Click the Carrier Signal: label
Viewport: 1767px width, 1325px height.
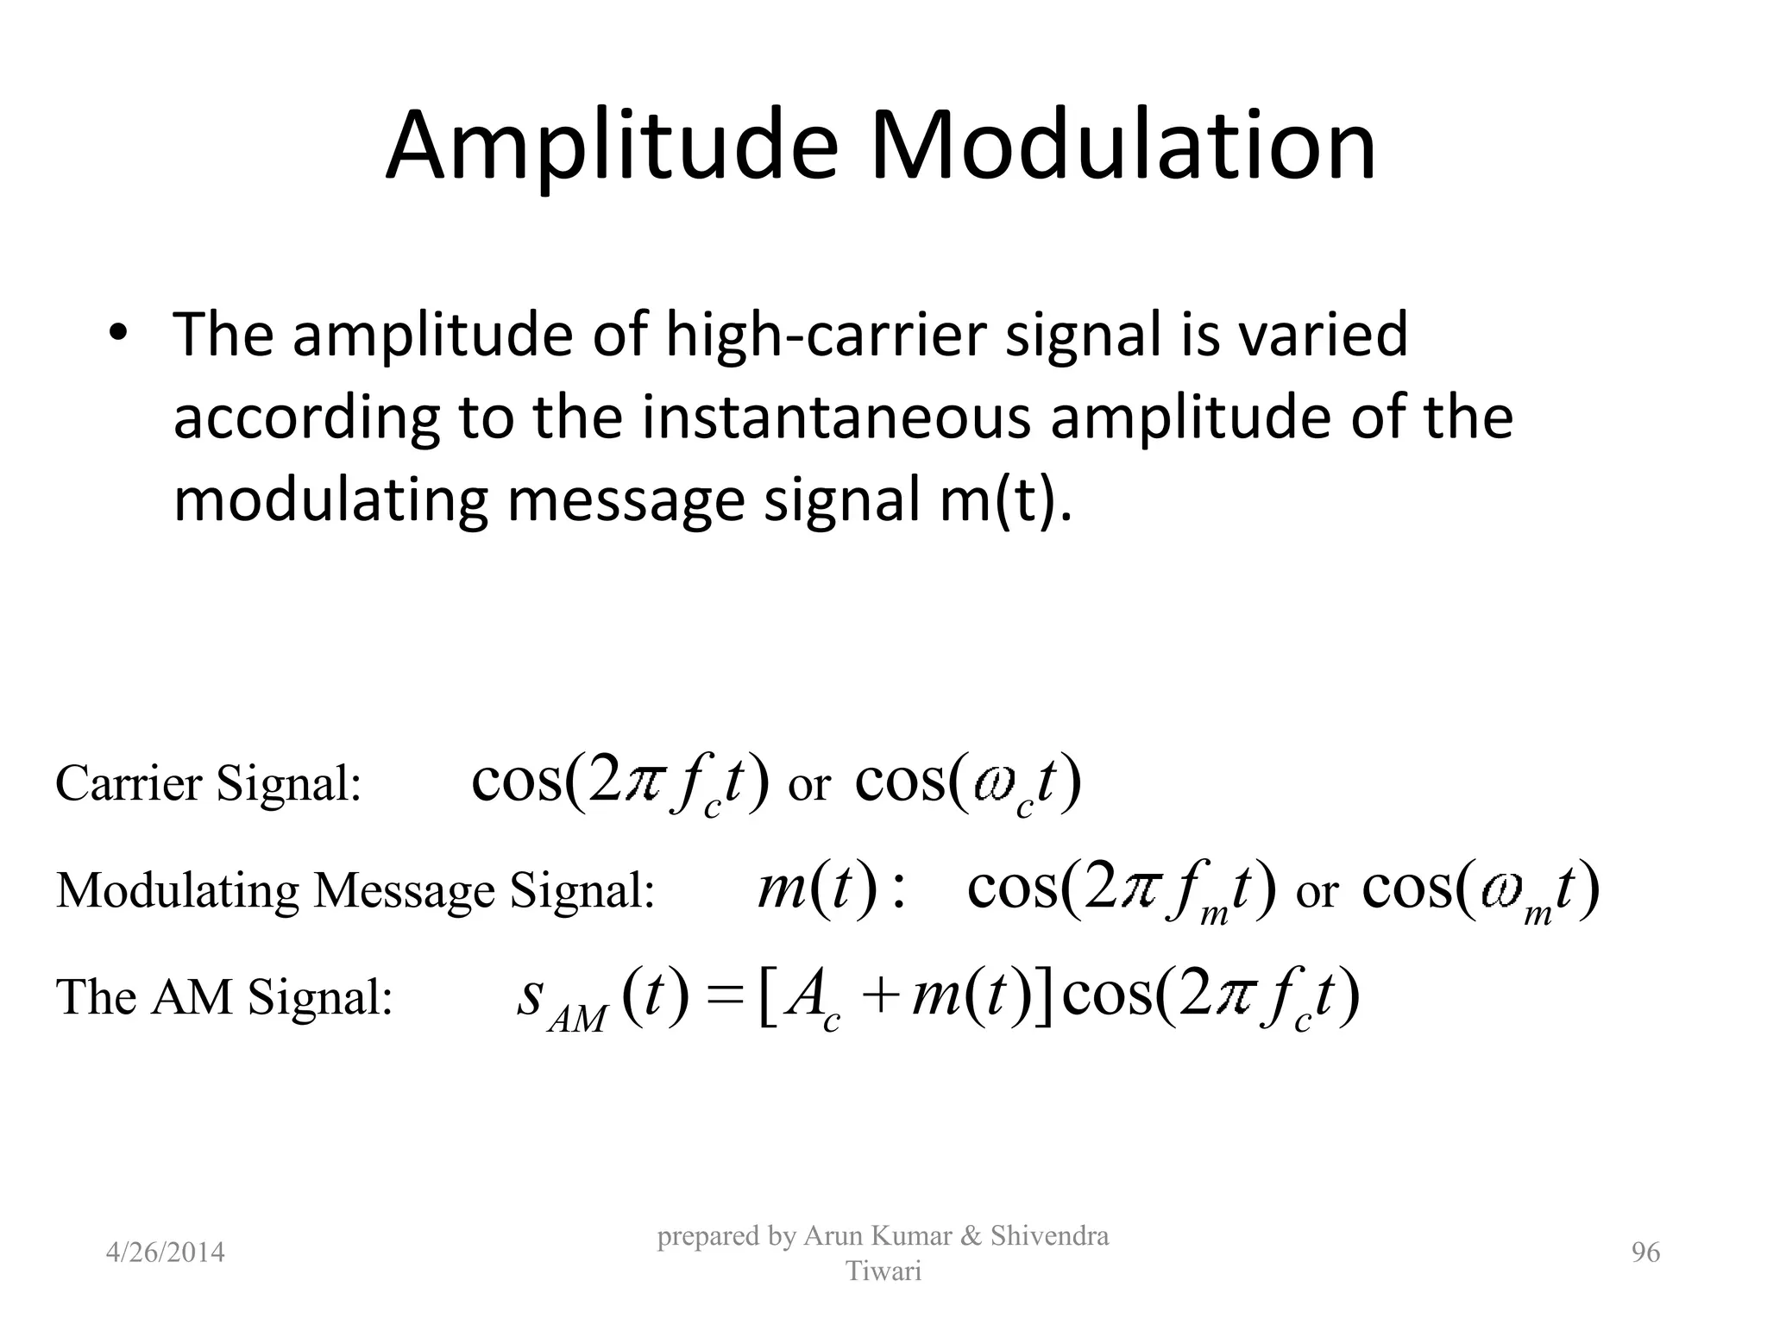click(x=208, y=784)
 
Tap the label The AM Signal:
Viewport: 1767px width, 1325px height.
click(x=224, y=997)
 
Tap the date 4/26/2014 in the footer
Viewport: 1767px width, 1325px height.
click(x=165, y=1253)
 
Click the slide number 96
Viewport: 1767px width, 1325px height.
click(x=1645, y=1253)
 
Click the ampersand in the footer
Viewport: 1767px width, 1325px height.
click(x=970, y=1236)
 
